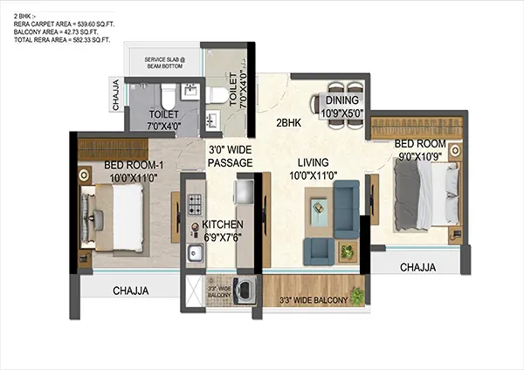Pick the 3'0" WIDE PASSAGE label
click(x=231, y=156)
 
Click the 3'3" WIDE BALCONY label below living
click(x=313, y=301)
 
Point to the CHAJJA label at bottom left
click(x=130, y=291)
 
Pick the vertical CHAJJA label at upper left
click(x=116, y=95)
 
